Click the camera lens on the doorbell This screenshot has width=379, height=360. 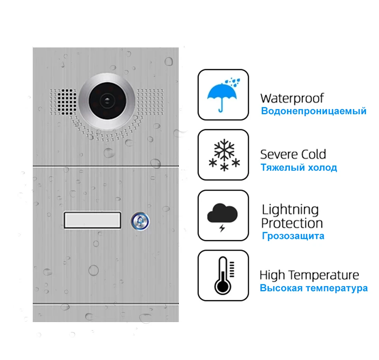(107, 101)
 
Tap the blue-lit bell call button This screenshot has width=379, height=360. (140, 221)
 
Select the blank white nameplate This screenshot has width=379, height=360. (92, 220)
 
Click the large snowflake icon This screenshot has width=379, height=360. (224, 149)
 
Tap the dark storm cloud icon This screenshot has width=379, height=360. (222, 213)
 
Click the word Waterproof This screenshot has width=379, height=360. (292, 98)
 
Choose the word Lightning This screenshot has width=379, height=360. (290, 210)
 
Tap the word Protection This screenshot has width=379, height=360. (292, 223)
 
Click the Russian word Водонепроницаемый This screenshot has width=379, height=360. (314, 111)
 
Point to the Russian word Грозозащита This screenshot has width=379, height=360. (293, 236)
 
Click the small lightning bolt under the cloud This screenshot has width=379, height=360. (222, 228)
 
